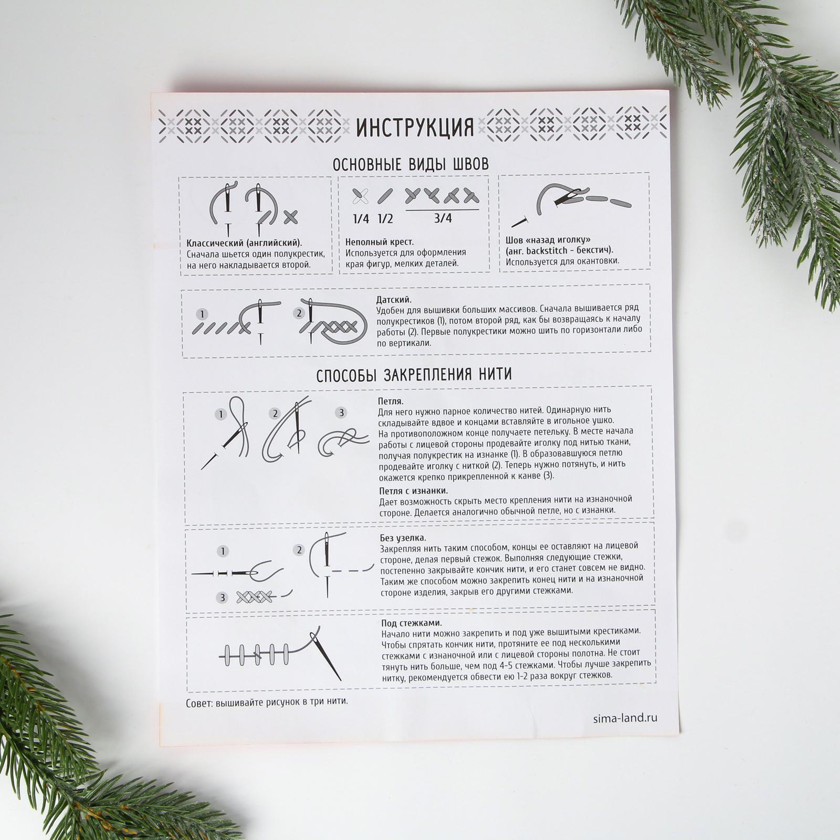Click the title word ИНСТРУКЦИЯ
(x=415, y=127)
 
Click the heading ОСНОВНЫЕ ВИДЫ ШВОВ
(x=411, y=164)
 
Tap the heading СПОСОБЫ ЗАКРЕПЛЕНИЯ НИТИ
(x=414, y=374)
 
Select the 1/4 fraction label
(x=361, y=218)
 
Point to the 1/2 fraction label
(x=385, y=218)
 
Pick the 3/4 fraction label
(x=443, y=218)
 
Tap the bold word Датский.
(x=394, y=300)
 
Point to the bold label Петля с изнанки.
(x=414, y=490)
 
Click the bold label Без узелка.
(x=403, y=538)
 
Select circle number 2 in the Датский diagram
(x=299, y=313)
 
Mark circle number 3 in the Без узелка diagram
(x=223, y=598)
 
